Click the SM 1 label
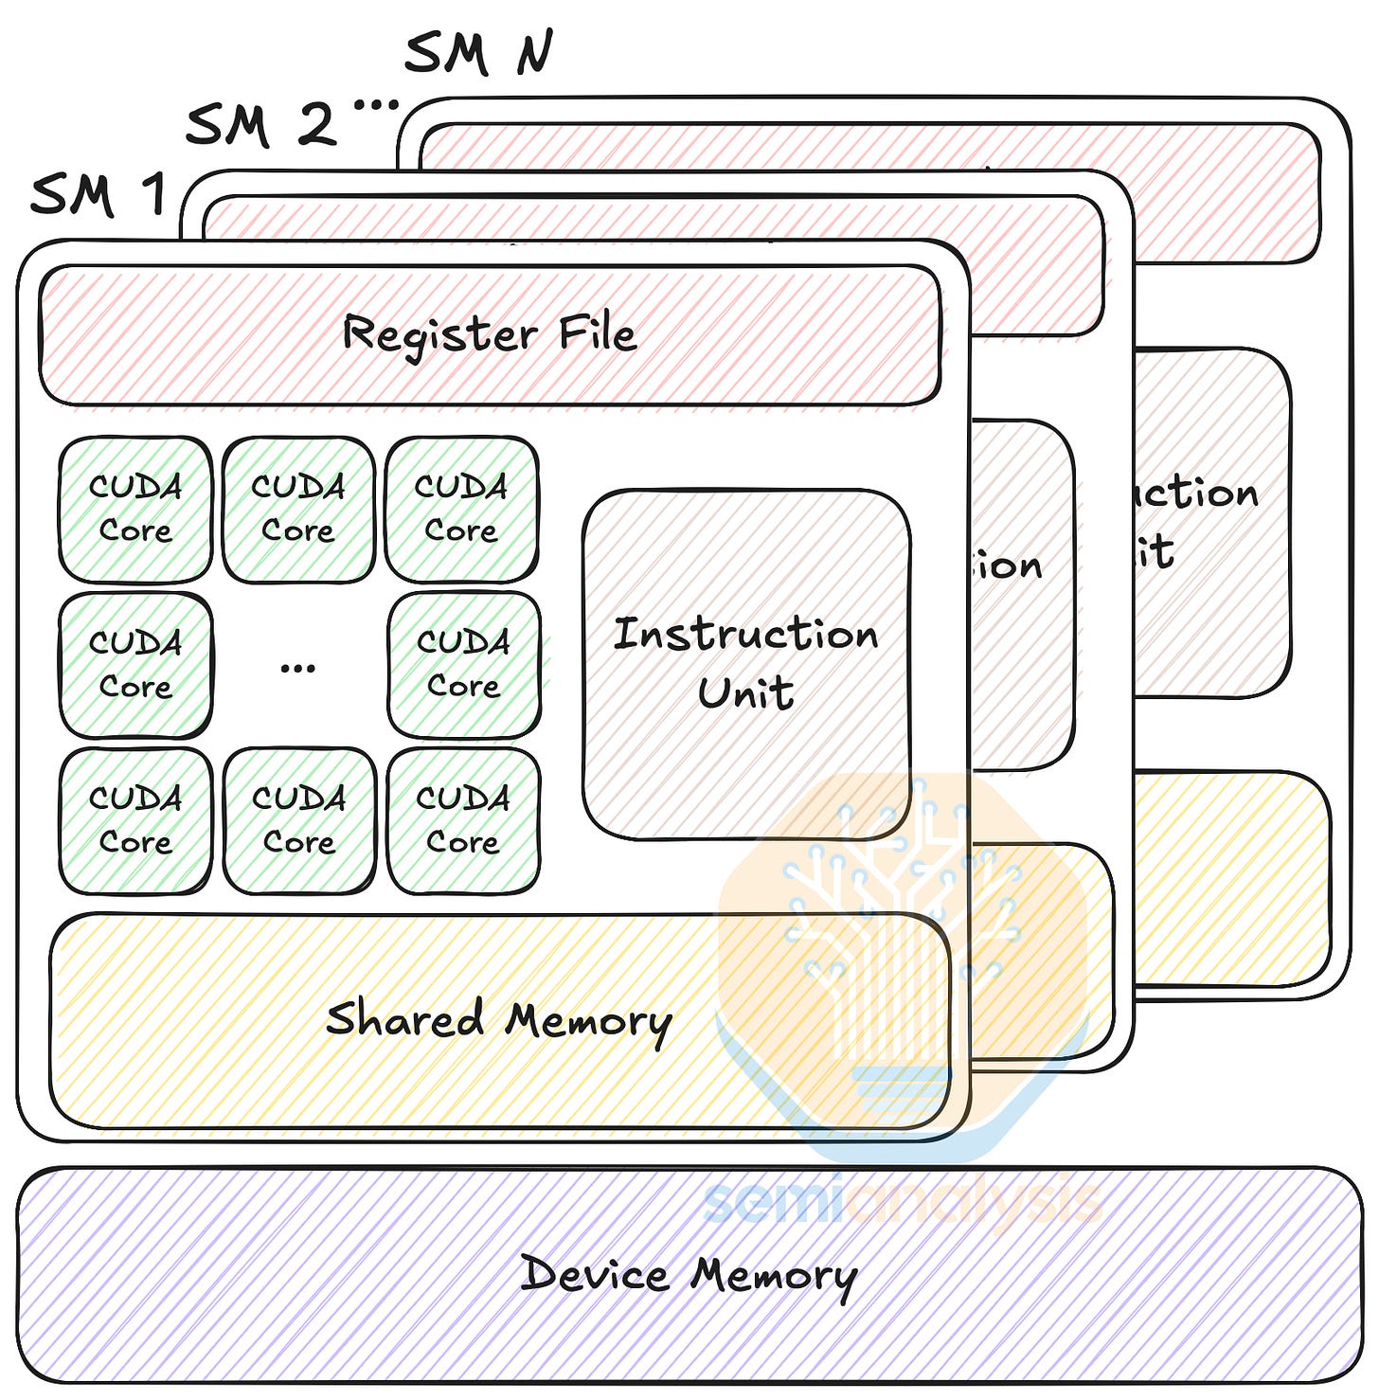pyautogui.click(x=98, y=195)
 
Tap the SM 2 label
pyautogui.click(x=261, y=125)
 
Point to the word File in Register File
pyautogui.click(x=597, y=333)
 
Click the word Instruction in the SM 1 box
pyautogui.click(x=745, y=634)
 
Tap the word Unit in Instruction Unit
pyautogui.click(x=745, y=692)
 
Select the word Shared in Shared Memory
pyautogui.click(x=404, y=1019)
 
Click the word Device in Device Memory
pyautogui.click(x=594, y=1273)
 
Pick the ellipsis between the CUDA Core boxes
pyautogui.click(x=297, y=669)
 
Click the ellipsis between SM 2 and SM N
pyautogui.click(x=376, y=105)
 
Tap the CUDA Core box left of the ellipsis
pyautogui.click(x=135, y=665)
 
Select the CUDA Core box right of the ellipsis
pyautogui.click(x=463, y=665)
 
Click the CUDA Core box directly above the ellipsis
pyautogui.click(x=298, y=509)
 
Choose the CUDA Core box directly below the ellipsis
pyautogui.click(x=299, y=820)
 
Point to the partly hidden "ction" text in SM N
pyautogui.click(x=1197, y=494)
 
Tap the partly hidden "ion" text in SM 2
pyautogui.click(x=1008, y=566)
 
